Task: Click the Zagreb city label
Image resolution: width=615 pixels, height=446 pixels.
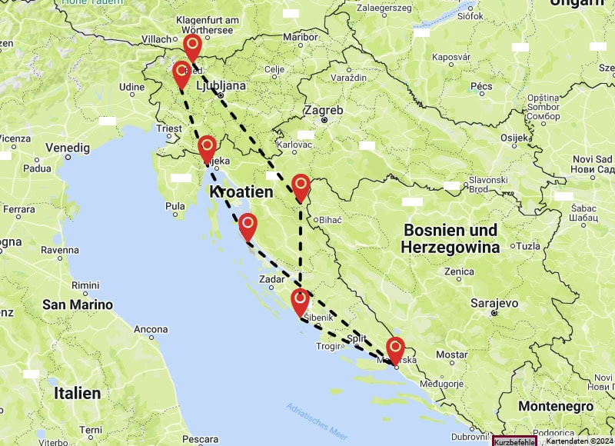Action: click(323, 110)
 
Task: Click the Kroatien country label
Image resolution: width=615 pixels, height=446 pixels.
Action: click(241, 191)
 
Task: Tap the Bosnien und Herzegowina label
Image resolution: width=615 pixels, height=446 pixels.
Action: click(450, 238)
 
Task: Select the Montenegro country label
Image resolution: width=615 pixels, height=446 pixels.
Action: click(555, 406)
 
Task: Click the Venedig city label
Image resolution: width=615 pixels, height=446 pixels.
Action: click(67, 147)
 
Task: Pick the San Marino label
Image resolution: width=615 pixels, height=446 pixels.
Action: click(77, 305)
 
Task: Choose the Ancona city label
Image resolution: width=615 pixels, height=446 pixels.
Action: click(151, 329)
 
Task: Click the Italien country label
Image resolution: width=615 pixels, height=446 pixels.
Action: click(77, 393)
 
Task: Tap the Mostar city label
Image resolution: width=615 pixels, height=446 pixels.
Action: click(451, 354)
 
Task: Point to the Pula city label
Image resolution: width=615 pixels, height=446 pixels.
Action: click(175, 205)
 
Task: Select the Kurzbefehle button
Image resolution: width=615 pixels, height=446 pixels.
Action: click(514, 441)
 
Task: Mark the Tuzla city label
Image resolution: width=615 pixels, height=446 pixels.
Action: click(529, 247)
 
